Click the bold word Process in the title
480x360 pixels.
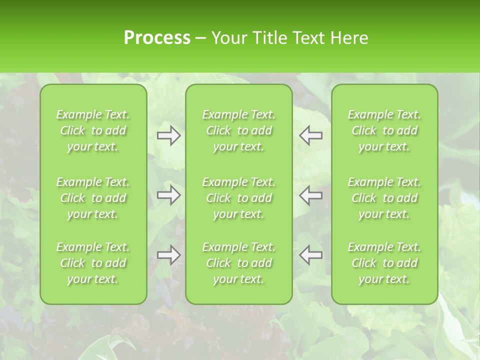coord(157,38)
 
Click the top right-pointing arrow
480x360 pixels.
coord(168,135)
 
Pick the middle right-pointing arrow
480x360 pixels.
coord(168,195)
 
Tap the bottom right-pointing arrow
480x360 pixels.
coord(168,255)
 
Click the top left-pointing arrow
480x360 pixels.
coord(311,135)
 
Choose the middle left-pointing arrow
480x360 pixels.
coord(311,195)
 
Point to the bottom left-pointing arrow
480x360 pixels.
coord(311,255)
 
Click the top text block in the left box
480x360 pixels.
coord(93,130)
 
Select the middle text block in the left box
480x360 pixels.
coord(93,198)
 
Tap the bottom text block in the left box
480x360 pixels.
coord(93,263)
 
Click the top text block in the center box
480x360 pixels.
coord(239,130)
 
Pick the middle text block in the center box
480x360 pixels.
coord(239,198)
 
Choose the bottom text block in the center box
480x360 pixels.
coord(239,263)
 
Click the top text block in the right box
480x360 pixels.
coord(384,130)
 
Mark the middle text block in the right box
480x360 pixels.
coord(384,198)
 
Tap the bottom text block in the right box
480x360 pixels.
coord(384,263)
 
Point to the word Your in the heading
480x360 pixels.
coord(227,38)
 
